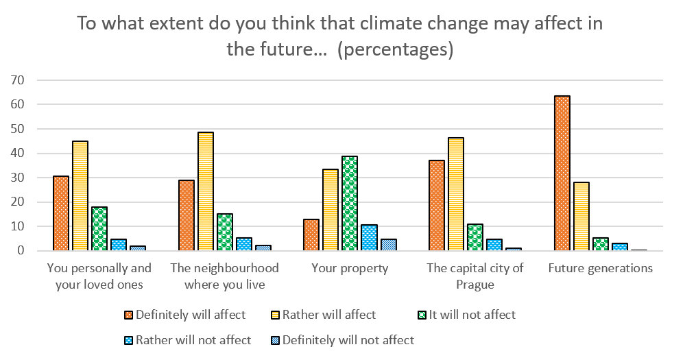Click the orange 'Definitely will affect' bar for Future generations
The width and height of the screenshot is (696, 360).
[562, 173]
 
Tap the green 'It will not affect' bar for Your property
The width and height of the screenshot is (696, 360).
[350, 204]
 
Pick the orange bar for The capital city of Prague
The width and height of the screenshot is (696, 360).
[437, 206]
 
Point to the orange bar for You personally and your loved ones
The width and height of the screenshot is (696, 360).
[61, 213]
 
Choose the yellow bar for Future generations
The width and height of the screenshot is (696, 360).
[581, 217]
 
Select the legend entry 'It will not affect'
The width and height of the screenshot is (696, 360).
[472, 315]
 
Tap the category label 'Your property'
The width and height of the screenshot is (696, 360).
[350, 268]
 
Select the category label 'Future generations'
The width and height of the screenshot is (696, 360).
[601, 268]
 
